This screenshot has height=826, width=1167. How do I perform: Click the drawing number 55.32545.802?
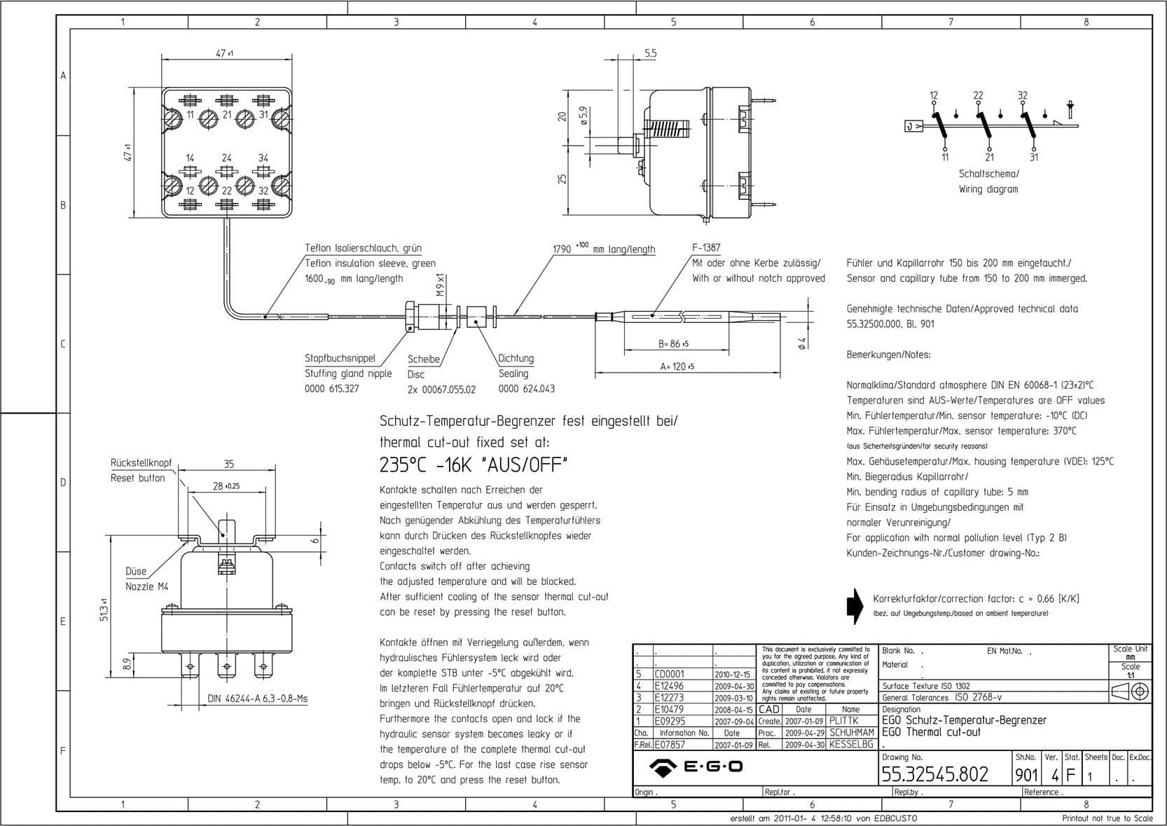(934, 774)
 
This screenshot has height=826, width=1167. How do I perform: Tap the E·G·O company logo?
(696, 766)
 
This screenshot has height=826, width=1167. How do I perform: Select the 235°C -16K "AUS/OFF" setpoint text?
(473, 464)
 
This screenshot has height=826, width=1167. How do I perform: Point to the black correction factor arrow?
(855, 605)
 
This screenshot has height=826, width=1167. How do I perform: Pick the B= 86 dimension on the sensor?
(673, 344)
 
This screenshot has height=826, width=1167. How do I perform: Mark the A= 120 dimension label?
(677, 366)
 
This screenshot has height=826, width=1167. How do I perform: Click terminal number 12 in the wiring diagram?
(934, 95)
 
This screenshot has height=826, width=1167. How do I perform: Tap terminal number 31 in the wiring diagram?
(1034, 157)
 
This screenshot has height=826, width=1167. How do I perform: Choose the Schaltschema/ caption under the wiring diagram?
(989, 174)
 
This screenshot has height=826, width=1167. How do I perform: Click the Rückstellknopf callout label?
(141, 463)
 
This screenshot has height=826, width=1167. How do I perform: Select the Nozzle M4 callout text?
(147, 586)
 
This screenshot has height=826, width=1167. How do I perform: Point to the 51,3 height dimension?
(104, 609)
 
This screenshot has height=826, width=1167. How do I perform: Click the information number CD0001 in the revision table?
(670, 674)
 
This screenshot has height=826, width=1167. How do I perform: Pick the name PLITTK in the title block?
(844, 721)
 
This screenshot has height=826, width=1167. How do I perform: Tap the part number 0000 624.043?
(526, 389)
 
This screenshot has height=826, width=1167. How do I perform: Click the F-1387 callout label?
(706, 247)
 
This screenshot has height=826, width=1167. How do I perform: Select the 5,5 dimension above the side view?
(651, 54)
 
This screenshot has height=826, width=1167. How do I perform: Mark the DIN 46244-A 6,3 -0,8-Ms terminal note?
(257, 698)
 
